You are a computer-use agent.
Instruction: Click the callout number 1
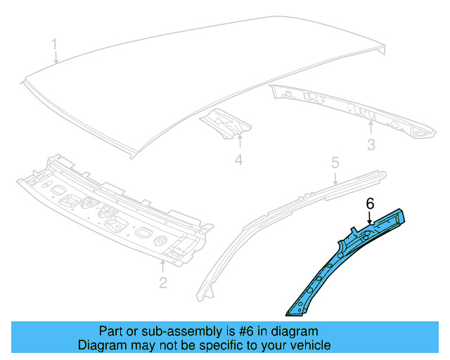[x=53, y=46]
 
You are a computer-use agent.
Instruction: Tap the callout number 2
[x=163, y=283]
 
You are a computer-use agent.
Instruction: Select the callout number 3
[x=372, y=145]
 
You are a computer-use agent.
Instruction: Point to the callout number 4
[x=238, y=161]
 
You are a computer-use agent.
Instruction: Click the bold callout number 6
[x=368, y=203]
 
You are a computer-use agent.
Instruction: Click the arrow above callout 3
[x=371, y=128]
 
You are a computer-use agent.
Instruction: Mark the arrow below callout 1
[x=56, y=59]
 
